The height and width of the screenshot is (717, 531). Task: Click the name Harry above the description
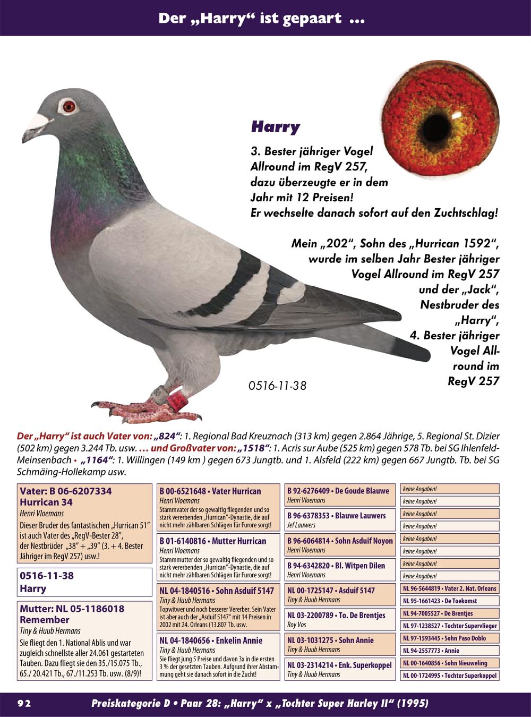point(275,127)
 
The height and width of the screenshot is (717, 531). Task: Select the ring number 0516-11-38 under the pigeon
point(277,386)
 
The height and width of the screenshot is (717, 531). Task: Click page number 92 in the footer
point(24,703)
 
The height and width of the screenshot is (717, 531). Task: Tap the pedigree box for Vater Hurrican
point(218,507)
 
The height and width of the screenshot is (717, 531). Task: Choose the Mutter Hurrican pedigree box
point(218,557)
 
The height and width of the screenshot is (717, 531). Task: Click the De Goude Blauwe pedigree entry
point(340,495)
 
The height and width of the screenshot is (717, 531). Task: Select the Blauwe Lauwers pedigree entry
point(340,520)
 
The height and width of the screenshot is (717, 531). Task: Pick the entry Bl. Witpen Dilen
point(340,570)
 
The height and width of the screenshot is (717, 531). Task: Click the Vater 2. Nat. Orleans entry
point(449,588)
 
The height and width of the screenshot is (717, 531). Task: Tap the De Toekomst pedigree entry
point(449,601)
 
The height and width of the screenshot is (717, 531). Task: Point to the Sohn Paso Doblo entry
point(449,638)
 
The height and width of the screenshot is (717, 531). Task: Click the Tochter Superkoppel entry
point(449,676)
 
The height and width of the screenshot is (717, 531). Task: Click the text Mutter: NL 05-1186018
point(72,609)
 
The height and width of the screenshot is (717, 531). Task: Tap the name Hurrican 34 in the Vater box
point(46,502)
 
